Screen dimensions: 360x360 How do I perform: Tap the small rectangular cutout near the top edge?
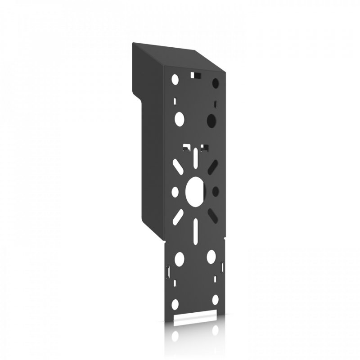196,73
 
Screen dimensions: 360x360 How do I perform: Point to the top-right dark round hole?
215,84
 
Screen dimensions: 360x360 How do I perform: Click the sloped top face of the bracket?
180,56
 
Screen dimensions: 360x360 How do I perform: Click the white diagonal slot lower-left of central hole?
177,216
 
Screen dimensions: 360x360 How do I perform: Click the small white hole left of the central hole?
175,192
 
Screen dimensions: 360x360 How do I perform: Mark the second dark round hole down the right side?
211,120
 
